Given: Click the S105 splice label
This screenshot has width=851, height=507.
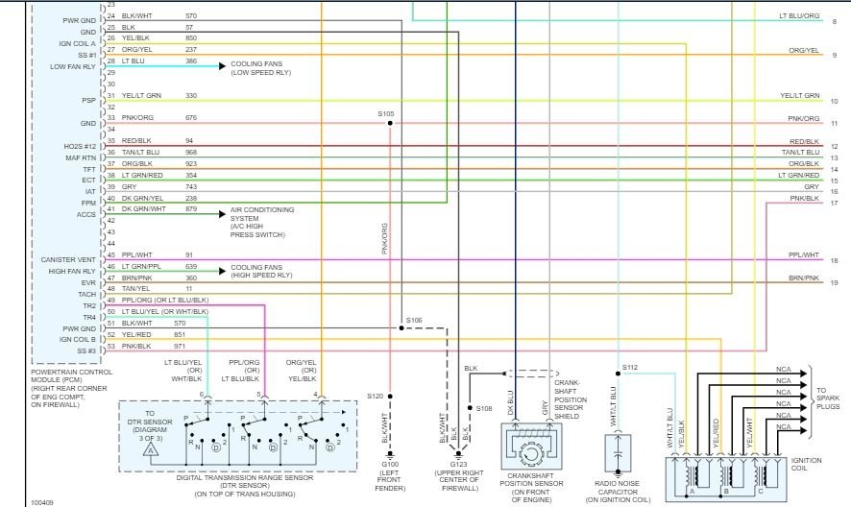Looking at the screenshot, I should tap(386, 113).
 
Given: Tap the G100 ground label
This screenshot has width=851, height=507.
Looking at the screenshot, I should tap(390, 464).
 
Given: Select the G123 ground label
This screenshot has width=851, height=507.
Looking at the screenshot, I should tap(457, 464).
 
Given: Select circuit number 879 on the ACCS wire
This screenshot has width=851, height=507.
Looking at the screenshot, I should tap(190, 208).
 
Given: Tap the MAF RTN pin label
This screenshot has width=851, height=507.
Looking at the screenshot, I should tap(81, 157).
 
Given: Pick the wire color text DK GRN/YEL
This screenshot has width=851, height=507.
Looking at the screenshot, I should tap(142, 198).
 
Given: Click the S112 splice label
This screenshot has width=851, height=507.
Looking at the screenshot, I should tap(629, 367).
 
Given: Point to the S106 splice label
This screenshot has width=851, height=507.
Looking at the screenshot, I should tap(414, 320).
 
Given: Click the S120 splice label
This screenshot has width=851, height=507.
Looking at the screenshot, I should tap(374, 396).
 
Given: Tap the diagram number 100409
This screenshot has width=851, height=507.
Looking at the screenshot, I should tap(42, 501).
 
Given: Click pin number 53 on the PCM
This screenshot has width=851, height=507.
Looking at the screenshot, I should tap(111, 345).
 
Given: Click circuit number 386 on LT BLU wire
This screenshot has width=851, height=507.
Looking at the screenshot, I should tap(190, 61).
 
